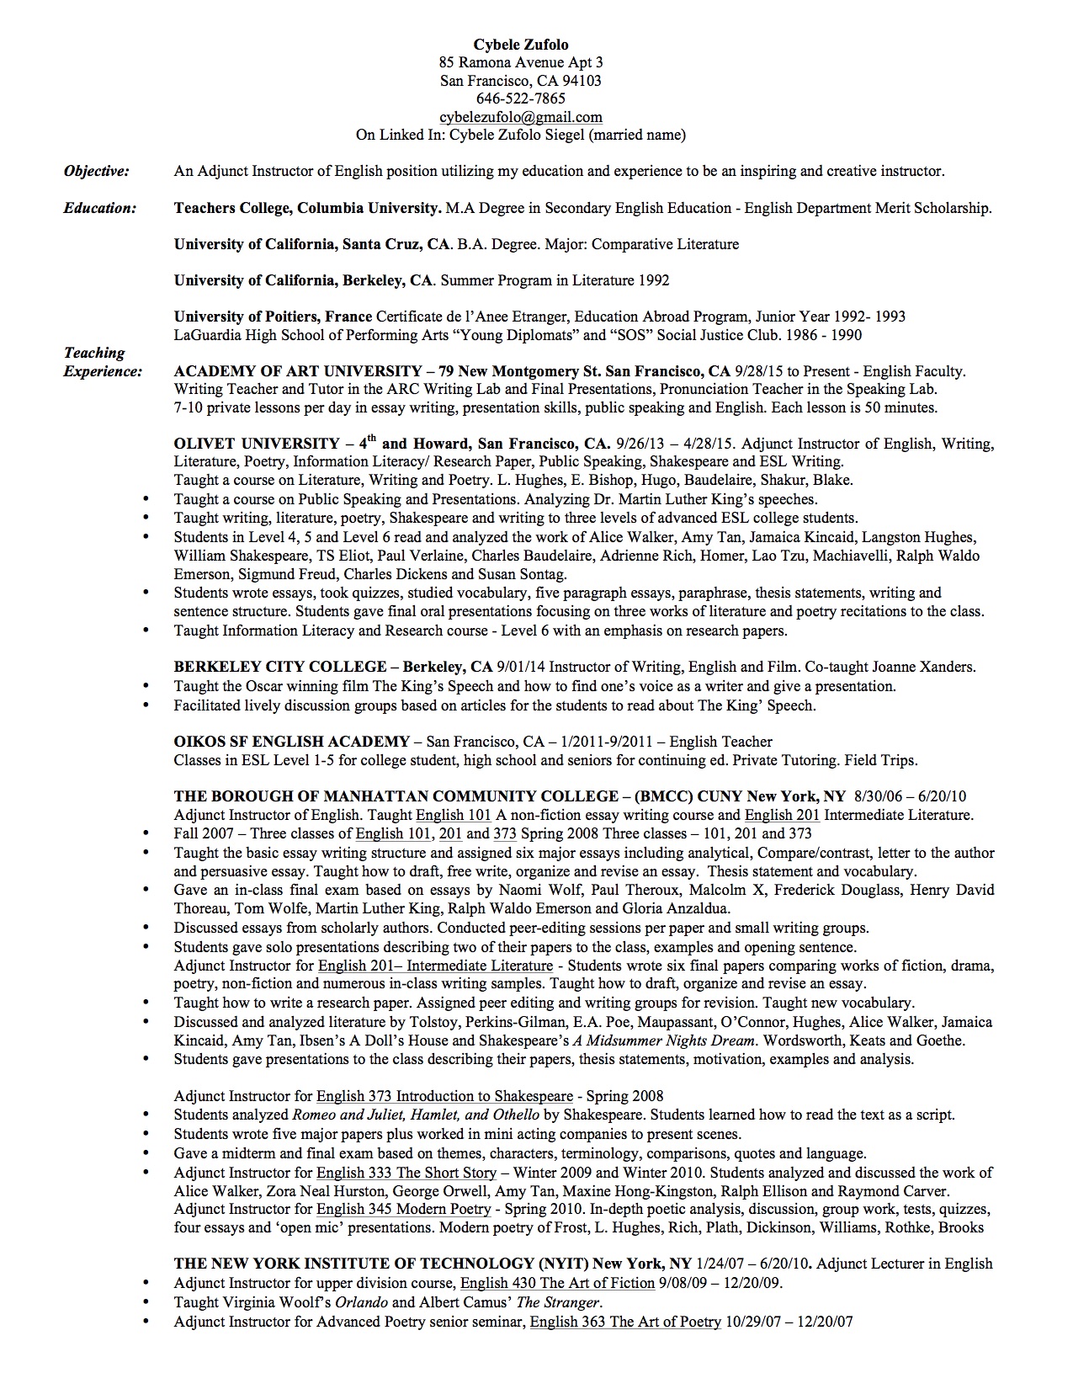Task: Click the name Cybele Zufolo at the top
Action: pos(521,44)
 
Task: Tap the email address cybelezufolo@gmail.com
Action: pos(521,117)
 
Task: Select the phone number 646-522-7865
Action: pos(521,98)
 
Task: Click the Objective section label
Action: pos(97,172)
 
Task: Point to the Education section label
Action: pos(99,208)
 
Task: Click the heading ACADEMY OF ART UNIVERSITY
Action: pos(297,371)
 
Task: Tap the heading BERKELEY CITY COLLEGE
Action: pos(280,667)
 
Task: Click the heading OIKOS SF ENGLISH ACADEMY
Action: pos(291,742)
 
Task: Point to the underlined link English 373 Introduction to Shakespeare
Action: pos(444,1096)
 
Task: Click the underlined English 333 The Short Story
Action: pos(406,1173)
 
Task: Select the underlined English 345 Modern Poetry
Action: pos(403,1210)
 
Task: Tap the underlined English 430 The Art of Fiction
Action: pos(557,1283)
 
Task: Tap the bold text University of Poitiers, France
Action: pos(273,317)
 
